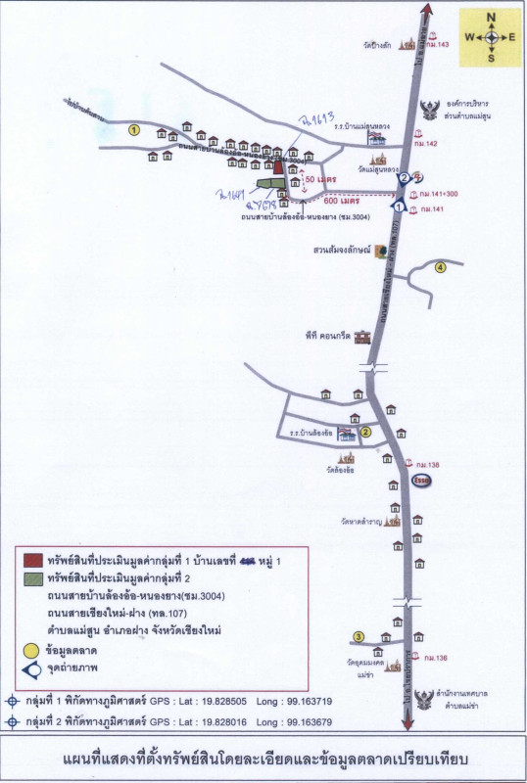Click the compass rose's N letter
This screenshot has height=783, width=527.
(492, 17)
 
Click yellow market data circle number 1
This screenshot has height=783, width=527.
(135, 129)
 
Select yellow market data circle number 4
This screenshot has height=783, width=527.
(441, 267)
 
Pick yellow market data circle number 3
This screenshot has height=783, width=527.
(359, 637)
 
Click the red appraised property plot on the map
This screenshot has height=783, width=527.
(278, 167)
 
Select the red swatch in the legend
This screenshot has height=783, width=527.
(33, 560)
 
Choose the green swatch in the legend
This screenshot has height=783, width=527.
(33, 577)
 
